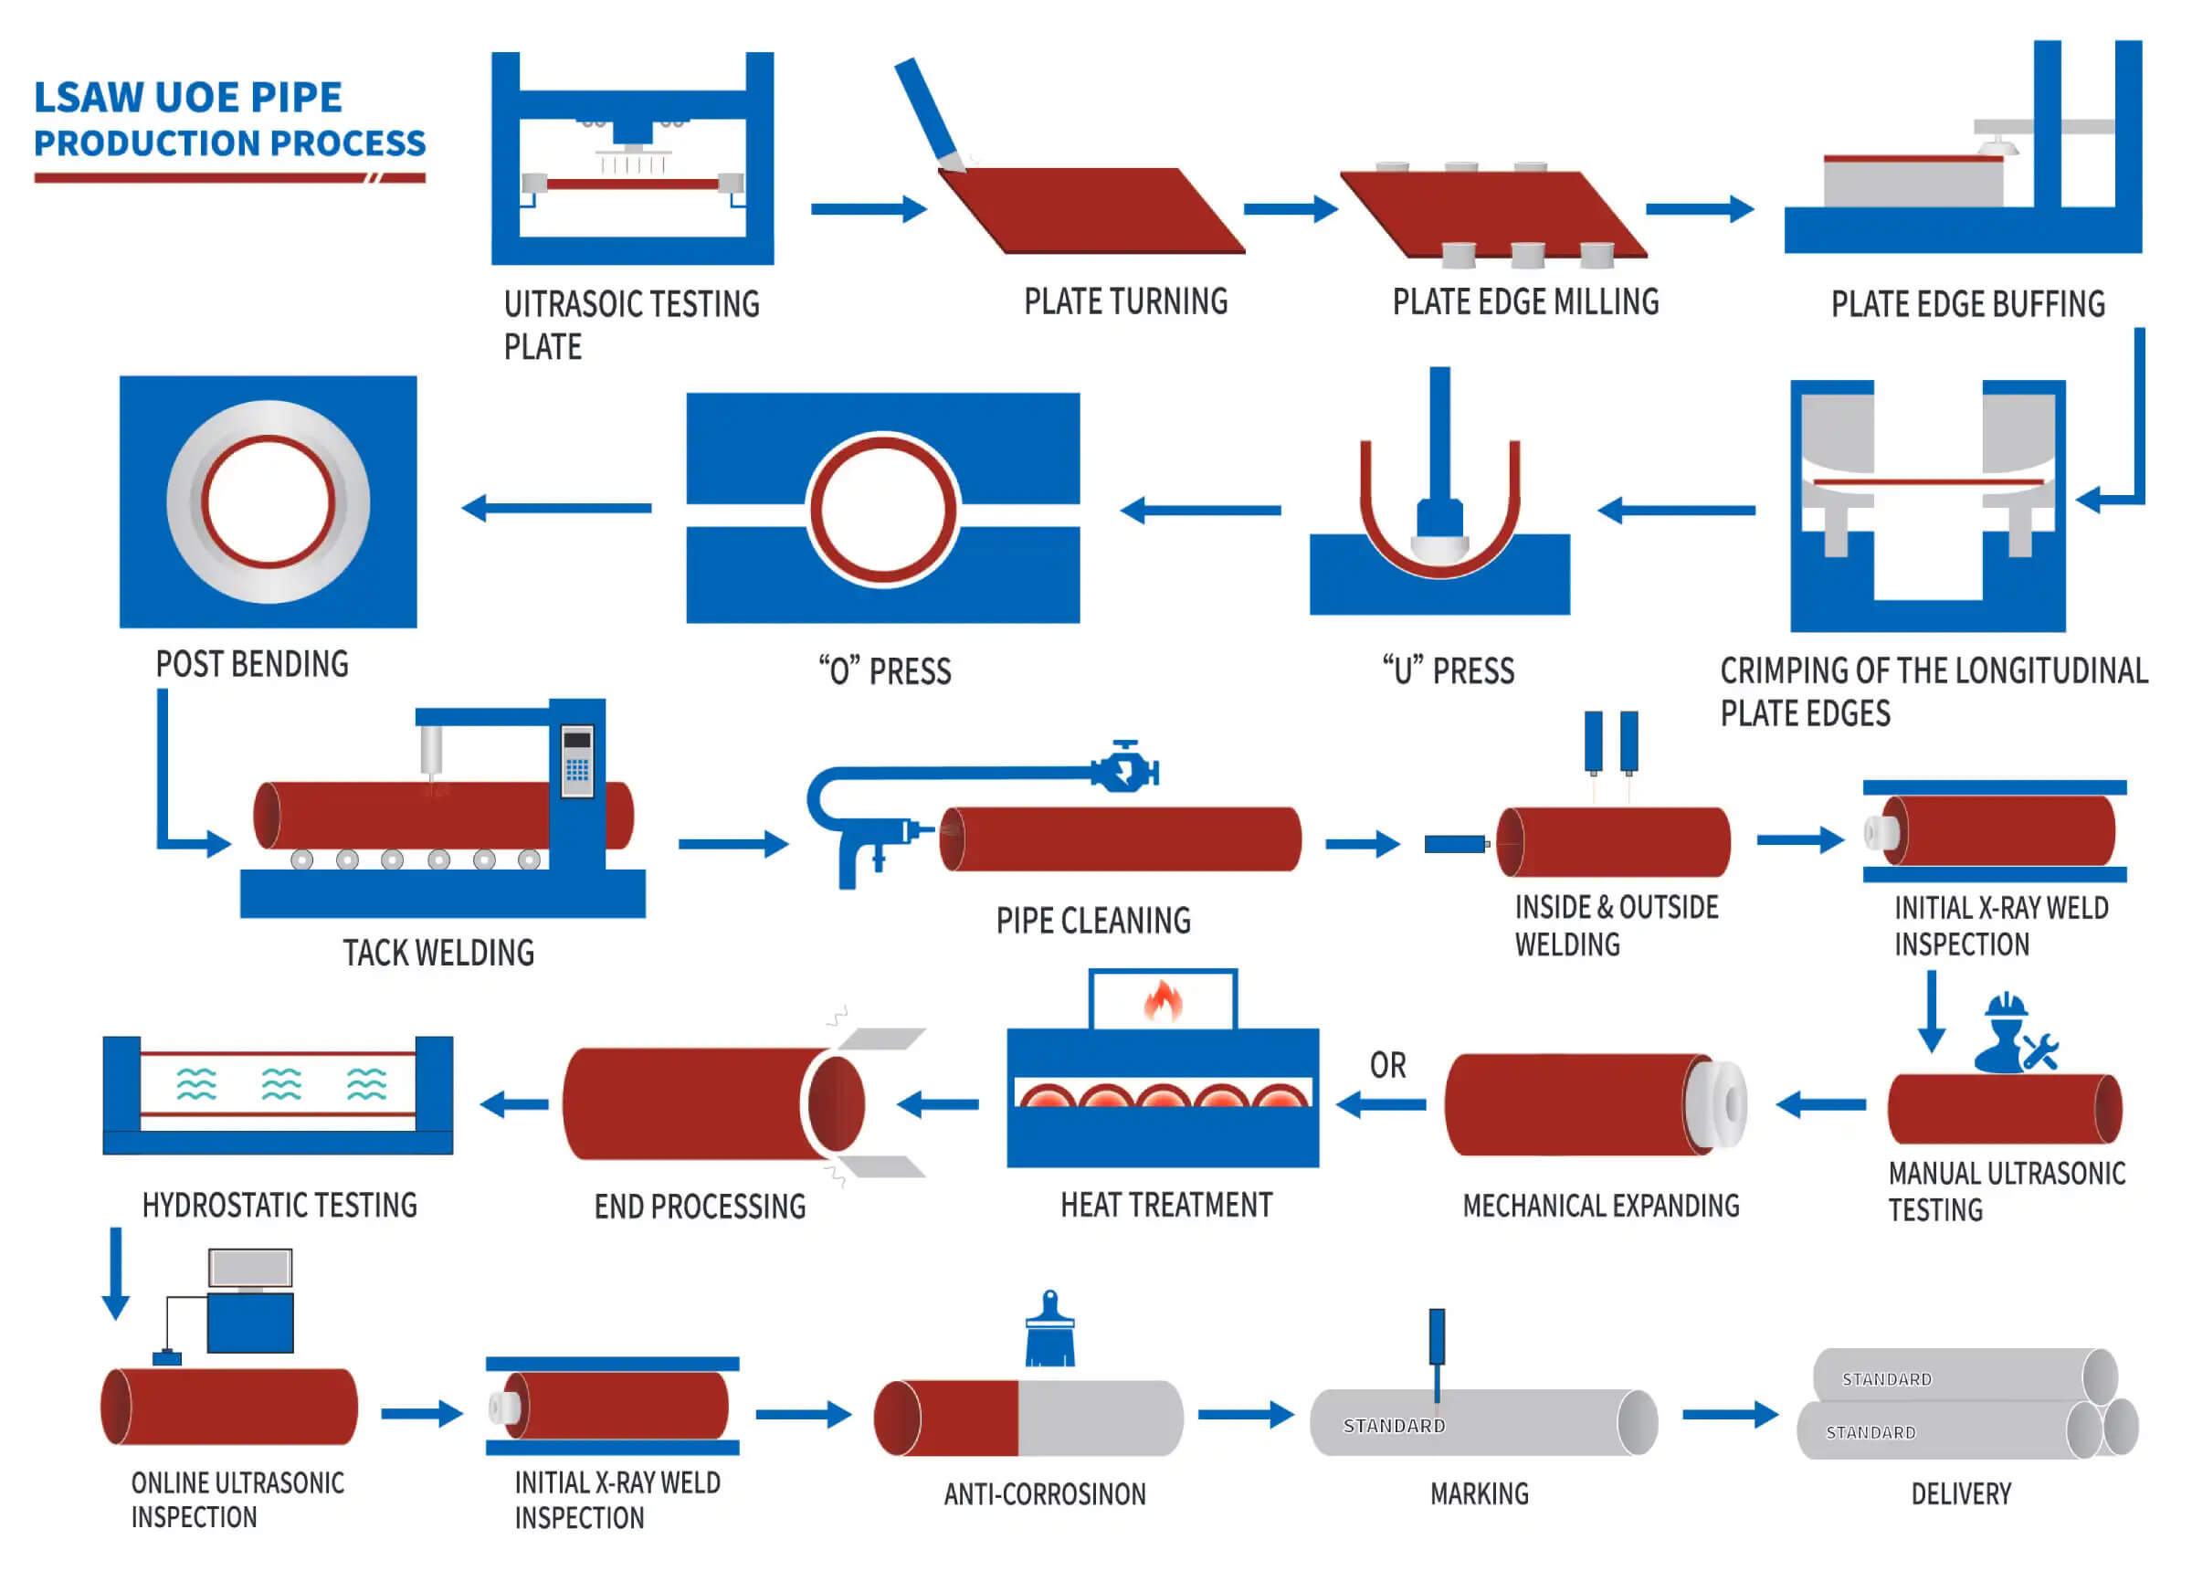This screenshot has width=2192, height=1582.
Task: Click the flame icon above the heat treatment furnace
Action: pyautogui.click(x=1163, y=1001)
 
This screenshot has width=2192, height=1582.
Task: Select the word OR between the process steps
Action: pyautogui.click(x=1388, y=1066)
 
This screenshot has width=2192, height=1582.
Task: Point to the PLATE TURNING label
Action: pyautogui.click(x=1126, y=302)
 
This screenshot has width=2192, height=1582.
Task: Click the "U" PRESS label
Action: pyautogui.click(x=1448, y=670)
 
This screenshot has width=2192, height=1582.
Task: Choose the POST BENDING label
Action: pyautogui.click(x=252, y=665)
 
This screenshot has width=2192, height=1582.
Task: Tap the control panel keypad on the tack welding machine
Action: pyautogui.click(x=577, y=769)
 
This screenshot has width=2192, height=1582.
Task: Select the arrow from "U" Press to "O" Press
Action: pyautogui.click(x=1200, y=511)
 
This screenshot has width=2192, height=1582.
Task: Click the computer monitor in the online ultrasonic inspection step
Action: pyautogui.click(x=250, y=1268)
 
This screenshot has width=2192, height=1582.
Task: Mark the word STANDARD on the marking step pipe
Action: pyautogui.click(x=1394, y=1427)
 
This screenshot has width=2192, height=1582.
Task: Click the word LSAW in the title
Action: pyautogui.click(x=89, y=98)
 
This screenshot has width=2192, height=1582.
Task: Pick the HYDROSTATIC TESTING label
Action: pyautogui.click(x=279, y=1206)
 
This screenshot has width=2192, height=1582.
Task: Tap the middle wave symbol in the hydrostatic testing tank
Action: pyautogui.click(x=281, y=1084)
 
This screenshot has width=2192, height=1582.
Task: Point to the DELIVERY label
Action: pyautogui.click(x=1961, y=1495)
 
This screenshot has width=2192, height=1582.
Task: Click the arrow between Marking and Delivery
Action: pyautogui.click(x=1730, y=1415)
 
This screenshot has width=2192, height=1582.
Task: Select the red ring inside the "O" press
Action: pyautogui.click(x=883, y=510)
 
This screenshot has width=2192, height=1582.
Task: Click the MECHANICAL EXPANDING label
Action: pyautogui.click(x=1600, y=1206)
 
